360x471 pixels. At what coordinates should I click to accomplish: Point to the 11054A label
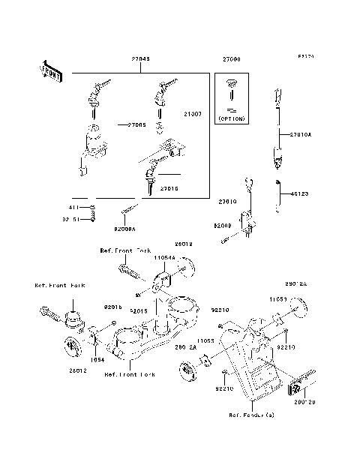point(164,257)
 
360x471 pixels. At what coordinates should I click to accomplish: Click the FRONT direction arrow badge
point(49,71)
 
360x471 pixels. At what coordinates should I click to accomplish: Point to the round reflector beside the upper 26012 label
point(183,266)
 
